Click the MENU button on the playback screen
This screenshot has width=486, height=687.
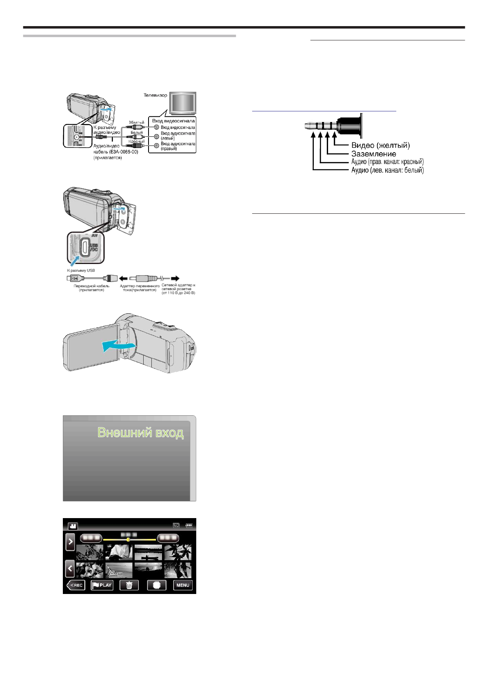tap(182, 585)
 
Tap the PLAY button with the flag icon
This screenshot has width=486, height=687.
tap(102, 585)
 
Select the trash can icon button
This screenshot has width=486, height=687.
tap(129, 585)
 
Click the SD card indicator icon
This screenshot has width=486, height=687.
tap(176, 525)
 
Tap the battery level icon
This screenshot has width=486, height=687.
tap(189, 525)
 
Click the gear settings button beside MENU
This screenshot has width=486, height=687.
tap(157, 585)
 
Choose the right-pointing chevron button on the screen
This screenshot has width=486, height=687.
tap(70, 542)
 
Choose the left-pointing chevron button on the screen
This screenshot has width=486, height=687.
tap(70, 568)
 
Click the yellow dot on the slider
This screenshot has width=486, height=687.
tap(128, 539)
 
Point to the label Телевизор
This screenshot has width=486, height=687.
tap(155, 95)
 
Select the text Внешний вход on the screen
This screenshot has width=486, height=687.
tap(140, 432)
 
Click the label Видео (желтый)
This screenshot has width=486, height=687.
tap(380, 145)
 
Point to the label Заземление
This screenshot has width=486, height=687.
tap(374, 154)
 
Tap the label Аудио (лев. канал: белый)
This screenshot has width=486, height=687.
tap(387, 170)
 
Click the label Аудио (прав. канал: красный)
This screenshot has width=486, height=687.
tap(387, 162)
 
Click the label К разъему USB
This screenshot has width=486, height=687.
tap(81, 270)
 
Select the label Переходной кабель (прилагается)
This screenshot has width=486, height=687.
tap(91, 288)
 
